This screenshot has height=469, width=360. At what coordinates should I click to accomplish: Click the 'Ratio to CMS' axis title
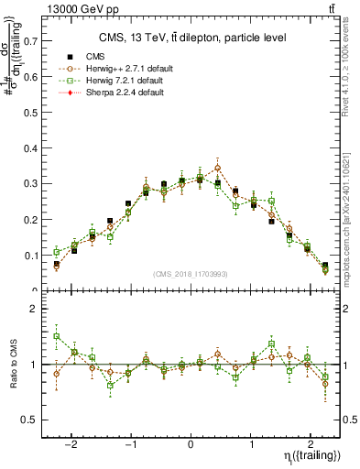(x=14, y=364)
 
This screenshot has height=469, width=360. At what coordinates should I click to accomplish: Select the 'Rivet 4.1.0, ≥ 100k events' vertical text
(x=351, y=78)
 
